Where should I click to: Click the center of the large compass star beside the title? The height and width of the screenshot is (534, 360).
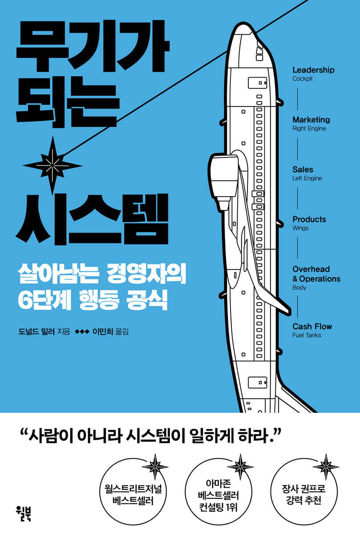pos(53,166)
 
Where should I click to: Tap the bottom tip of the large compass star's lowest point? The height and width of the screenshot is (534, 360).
pos(53,195)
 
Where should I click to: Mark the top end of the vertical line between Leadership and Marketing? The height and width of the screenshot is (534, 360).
pos(297,88)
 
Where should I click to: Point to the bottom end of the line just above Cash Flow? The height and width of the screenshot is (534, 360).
pos(297,317)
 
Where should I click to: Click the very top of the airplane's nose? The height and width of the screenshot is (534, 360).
pos(243,23)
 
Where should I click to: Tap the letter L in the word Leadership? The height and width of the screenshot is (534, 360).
pos(295,70)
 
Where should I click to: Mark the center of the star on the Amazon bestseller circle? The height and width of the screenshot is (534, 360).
pos(240,466)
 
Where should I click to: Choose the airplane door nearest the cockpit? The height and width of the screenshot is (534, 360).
pos(258,83)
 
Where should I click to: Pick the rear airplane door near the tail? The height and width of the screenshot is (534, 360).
pos(258,382)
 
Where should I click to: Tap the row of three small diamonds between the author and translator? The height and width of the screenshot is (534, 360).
pos(82,332)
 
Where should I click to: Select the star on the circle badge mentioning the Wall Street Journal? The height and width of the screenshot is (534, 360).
pos(155,466)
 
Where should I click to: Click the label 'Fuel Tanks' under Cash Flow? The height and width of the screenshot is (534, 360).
pos(307,335)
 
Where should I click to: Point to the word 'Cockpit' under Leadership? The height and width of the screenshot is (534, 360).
pos(302,79)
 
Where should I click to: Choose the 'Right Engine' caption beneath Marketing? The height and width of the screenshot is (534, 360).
pos(309,129)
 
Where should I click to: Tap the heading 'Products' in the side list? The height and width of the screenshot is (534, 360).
pos(309,219)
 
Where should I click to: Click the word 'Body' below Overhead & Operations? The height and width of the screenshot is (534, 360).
pos(299,288)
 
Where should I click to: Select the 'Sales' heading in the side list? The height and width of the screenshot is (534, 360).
pos(303,170)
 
